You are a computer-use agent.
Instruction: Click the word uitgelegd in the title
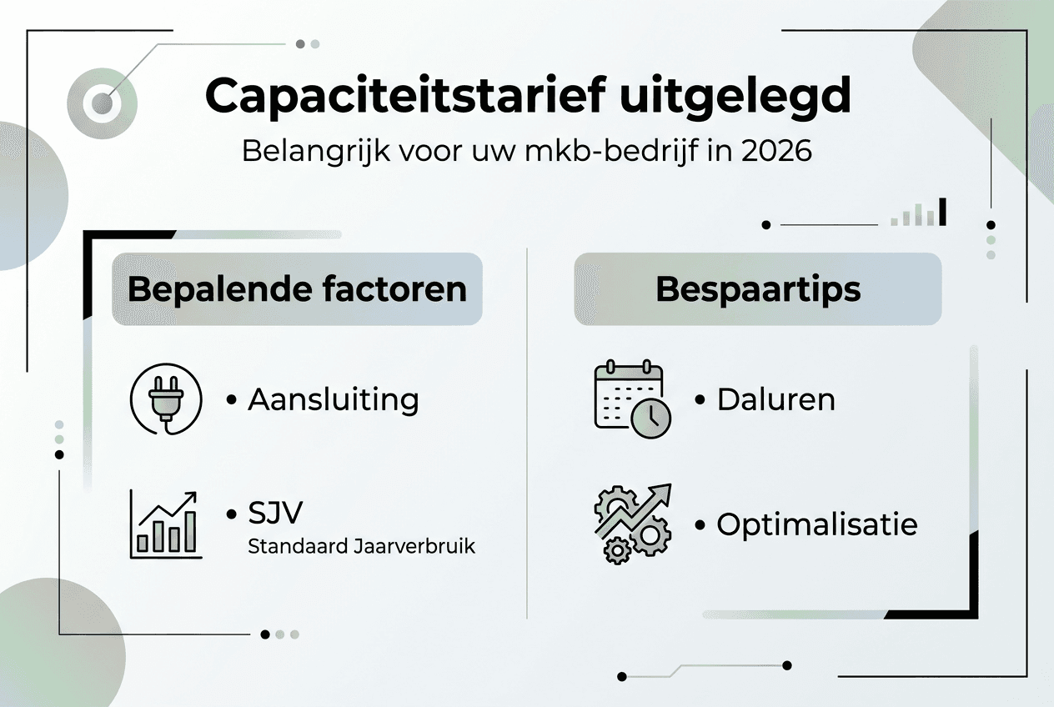[735, 98]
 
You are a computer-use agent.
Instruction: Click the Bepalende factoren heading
[297, 289]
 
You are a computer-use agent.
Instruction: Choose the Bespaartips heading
[758, 289]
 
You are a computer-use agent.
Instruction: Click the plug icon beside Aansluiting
[167, 399]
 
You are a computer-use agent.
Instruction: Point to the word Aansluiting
[334, 399]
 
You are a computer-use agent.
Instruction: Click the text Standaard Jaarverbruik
[362, 548]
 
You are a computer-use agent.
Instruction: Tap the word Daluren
[775, 399]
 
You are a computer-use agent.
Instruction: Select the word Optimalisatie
[817, 524]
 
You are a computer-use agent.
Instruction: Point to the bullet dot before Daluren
[700, 400]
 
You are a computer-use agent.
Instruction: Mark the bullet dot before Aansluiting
[232, 400]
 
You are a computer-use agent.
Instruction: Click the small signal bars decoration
[919, 213]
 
